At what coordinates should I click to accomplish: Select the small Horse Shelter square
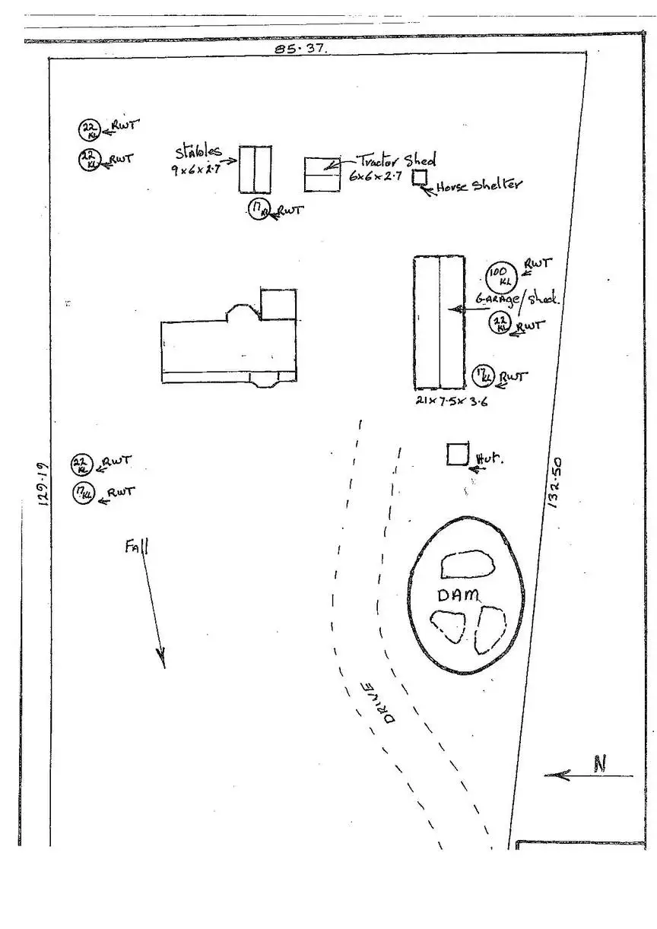point(420,178)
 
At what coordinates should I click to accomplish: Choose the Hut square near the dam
point(457,454)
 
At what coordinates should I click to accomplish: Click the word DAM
point(459,594)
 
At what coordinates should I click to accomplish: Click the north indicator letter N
point(600,764)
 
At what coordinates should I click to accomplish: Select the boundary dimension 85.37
point(301,48)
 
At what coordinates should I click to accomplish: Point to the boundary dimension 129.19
point(42,484)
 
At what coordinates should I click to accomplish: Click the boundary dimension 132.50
point(554,482)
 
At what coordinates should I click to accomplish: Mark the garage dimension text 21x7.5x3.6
point(452,401)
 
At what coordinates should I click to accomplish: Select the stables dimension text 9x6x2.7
point(195,171)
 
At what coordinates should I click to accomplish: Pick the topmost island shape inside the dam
point(467,564)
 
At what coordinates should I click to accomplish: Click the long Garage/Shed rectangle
point(439,322)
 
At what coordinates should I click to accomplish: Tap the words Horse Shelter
point(479,185)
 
